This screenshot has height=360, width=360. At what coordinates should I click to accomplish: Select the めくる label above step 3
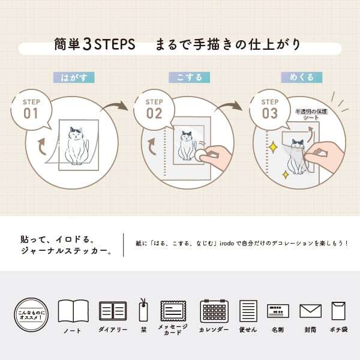coord(298,78)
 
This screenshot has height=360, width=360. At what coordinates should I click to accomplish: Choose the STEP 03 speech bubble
coord(270,109)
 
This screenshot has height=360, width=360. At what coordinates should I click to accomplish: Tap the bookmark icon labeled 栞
coord(144,311)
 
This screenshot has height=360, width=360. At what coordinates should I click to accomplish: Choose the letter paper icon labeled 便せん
coord(248,311)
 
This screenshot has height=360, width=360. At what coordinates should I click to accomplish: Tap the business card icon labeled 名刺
coord(278,311)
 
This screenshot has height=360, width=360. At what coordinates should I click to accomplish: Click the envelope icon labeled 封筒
coord(310,311)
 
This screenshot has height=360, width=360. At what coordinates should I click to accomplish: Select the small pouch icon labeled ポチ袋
coord(340,311)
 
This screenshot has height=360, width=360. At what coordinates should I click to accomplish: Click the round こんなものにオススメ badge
coord(29,314)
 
